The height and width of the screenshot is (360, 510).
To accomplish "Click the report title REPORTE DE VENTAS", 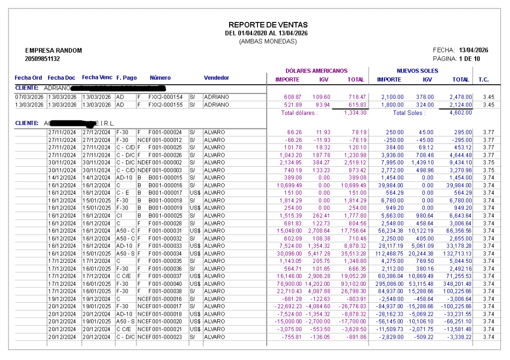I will [268, 25].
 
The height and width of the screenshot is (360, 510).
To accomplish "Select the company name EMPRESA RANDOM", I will [53, 51].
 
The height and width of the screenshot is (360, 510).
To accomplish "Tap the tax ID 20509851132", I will [42, 59].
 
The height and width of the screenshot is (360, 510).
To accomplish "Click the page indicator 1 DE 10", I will [470, 59].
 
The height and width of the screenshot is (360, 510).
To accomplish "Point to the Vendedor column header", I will [216, 78].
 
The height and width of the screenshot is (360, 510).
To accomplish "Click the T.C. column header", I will [483, 80].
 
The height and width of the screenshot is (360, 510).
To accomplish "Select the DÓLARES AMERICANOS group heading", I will [316, 71].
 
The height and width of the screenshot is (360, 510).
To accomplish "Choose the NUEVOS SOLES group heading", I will [417, 71].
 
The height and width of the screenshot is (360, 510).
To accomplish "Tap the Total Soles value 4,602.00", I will [461, 113].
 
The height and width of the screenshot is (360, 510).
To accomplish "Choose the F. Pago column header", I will [127, 78].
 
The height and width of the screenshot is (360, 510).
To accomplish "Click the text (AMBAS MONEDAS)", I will [268, 41].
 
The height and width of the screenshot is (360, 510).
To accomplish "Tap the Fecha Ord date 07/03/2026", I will [29, 97].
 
